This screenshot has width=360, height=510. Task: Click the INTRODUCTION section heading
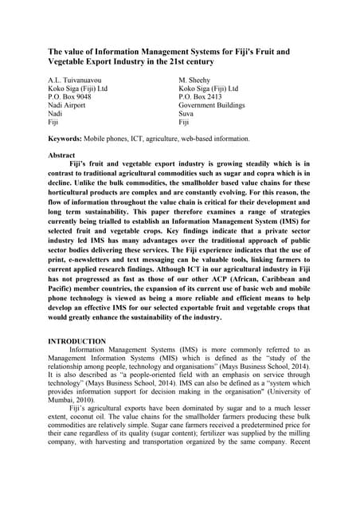click(77, 341)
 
